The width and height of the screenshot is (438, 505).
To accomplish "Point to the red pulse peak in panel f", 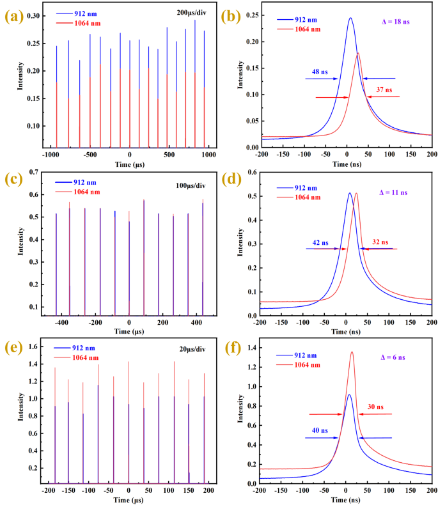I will [352, 352].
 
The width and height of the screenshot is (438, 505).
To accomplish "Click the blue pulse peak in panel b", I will [350, 18].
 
